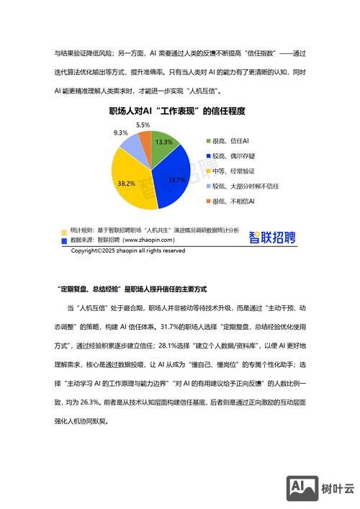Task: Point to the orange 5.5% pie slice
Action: click(144, 139)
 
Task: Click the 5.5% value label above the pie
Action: click(143, 125)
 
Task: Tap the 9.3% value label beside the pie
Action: click(121, 133)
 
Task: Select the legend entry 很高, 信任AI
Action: click(230, 141)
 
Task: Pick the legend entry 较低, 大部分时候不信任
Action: click(245, 186)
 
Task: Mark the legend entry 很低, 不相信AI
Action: click(233, 202)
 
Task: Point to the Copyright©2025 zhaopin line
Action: click(127, 251)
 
